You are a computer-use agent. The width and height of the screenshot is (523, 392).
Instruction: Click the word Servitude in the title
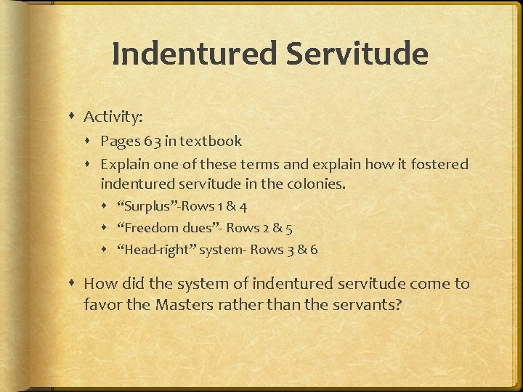pos(355,54)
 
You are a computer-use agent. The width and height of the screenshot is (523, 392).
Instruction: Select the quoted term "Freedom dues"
pos(168,228)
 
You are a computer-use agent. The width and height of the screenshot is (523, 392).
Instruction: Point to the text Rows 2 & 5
pos(260,228)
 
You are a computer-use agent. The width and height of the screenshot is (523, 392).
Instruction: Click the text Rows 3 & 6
pos(284,250)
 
